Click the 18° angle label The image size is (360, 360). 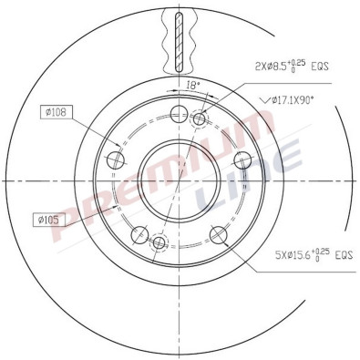pos(192,84)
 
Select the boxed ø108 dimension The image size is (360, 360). pos(57,113)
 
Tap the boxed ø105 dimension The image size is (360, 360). pos(50,219)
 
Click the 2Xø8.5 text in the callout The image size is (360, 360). pos(273,66)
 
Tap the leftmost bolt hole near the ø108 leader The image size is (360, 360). pos(115,160)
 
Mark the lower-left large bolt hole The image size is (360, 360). pos(139,236)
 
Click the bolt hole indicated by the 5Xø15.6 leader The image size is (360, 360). pos(219,236)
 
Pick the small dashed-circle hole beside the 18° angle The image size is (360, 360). pos(201,117)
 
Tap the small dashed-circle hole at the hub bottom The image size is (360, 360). pos(159,243)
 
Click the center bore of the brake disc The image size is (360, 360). pos(180,180)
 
